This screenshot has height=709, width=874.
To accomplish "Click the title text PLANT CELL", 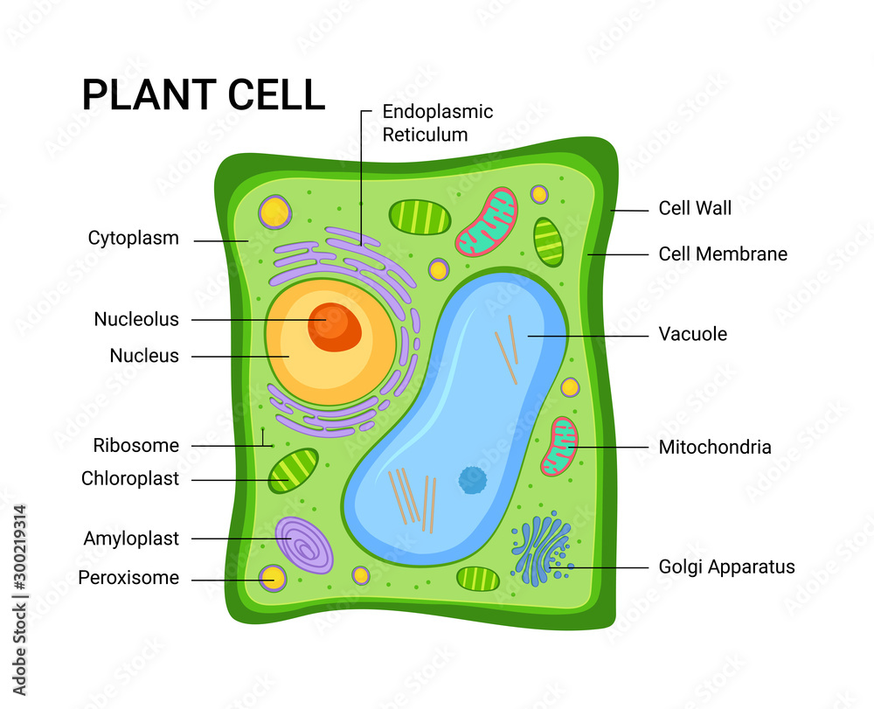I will pos(203,94).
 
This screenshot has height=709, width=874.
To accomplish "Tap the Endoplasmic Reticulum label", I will pos(437,123).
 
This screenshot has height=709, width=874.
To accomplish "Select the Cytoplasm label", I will pos(133,238).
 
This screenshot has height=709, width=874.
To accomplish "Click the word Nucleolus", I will pos(135,319).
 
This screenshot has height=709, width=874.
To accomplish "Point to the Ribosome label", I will pos(135,445).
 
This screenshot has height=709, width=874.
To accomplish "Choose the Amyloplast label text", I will pos(131,539).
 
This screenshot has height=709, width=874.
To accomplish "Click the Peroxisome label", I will pos(128,578).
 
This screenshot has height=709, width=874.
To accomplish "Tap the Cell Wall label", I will pos(695,208).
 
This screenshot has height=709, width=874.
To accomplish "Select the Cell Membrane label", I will pos(722,254).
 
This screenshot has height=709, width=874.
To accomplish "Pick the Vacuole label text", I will pos(692,334).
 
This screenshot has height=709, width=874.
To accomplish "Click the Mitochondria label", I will pos(714,448).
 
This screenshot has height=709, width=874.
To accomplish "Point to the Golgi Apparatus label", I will pos(726,567).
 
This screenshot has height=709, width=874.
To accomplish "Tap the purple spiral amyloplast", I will pos(303,546).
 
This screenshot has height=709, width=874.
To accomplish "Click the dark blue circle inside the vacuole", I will pos(473,479).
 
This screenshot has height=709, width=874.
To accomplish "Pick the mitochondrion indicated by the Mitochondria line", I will pos(559,447).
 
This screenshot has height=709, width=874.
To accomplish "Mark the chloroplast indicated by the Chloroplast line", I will pos(293,471).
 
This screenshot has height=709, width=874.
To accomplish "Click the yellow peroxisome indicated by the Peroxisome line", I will pos(273,577).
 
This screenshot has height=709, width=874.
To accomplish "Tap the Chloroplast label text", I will pos(129,478).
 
